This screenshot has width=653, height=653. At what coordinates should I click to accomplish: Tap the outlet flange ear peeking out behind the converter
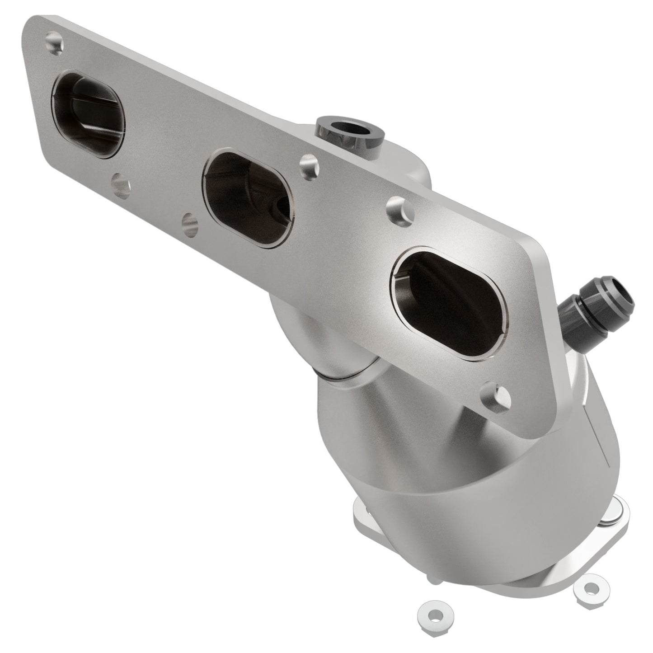tap(362, 508)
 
